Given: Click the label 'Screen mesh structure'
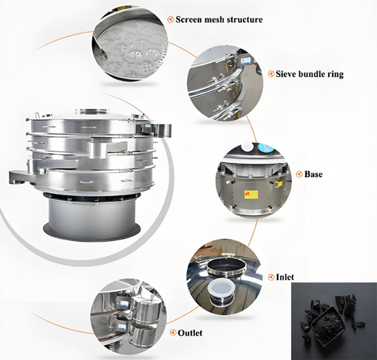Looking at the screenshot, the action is click(219, 19).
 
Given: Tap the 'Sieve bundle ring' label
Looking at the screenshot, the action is click(309, 74).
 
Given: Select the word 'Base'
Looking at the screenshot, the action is click(313, 174).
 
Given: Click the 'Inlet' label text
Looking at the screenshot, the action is click(285, 277).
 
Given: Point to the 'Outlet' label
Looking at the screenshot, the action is click(190, 333).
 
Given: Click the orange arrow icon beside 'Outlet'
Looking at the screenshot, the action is click(173, 333).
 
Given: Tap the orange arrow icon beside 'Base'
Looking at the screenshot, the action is click(299, 174).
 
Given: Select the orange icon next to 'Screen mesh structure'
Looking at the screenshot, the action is click(171, 19).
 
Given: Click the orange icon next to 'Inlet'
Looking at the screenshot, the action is click(271, 277).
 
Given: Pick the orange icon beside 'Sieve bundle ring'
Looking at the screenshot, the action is click(271, 74).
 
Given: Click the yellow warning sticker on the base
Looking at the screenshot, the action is click(251, 194).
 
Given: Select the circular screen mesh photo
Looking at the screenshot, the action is click(130, 45).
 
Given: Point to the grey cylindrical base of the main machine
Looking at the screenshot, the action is click(92, 215).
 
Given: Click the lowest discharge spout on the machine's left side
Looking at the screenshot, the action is click(18, 177).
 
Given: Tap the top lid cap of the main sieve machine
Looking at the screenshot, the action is click(92, 111).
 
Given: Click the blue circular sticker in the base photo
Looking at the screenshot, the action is click(265, 147).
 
